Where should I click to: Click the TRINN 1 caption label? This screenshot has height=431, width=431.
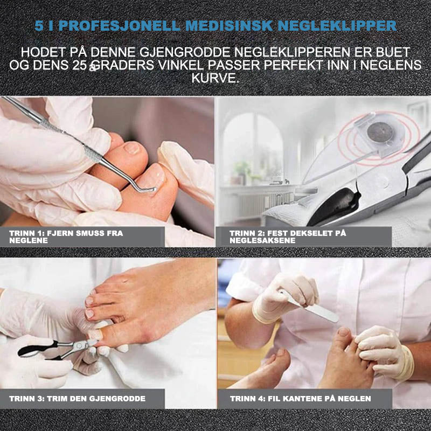click(x=66, y=237)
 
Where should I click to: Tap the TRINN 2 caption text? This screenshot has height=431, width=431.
click(x=288, y=237)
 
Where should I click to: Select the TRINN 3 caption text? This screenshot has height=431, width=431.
click(x=77, y=399)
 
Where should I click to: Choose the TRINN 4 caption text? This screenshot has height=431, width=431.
click(x=301, y=399)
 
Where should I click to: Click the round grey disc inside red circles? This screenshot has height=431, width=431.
click(x=379, y=132)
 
